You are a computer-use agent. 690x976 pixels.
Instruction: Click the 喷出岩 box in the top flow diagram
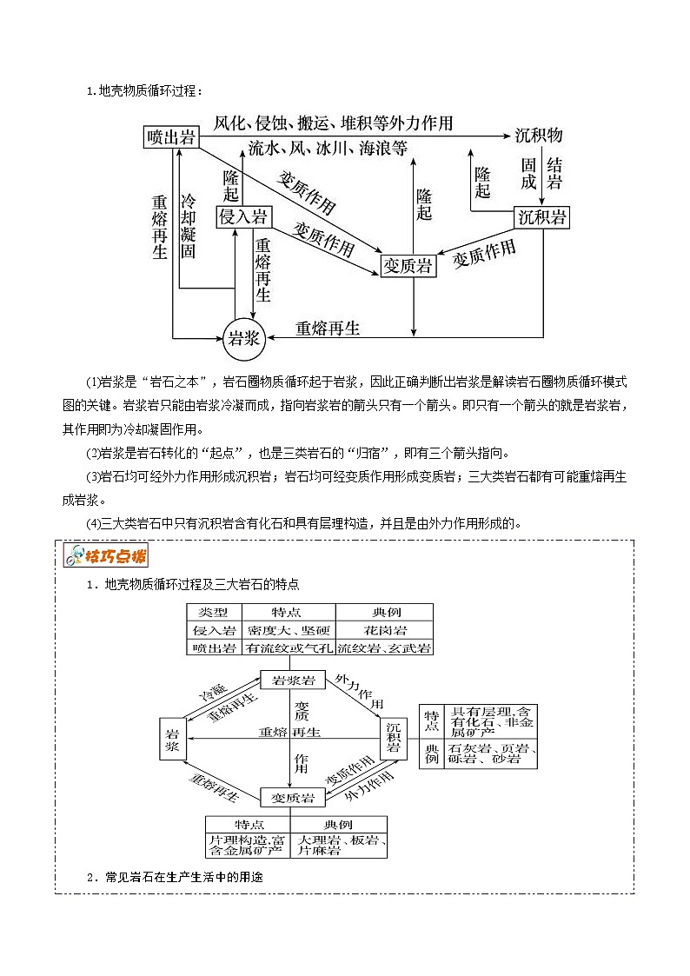pos(172,137)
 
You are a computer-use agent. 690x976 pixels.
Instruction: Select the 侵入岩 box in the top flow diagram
pos(242,216)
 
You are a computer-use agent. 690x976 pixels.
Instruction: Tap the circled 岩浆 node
pos(242,338)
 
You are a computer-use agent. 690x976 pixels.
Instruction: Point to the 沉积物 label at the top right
pos(539,136)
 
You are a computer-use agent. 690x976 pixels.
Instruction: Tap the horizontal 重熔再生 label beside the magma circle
pos(328,328)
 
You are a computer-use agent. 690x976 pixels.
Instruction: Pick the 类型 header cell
pos(214,613)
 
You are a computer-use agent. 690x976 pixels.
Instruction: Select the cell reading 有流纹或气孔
pos(288,647)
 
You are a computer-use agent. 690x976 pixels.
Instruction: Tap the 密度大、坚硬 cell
pos(288,630)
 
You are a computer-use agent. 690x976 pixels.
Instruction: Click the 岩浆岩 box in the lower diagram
pos(293,679)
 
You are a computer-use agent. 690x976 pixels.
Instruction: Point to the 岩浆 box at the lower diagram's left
pos(172,739)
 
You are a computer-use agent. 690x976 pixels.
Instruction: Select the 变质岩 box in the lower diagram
pos(293,797)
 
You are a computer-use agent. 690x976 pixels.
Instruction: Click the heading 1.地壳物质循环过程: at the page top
pos(144,90)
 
